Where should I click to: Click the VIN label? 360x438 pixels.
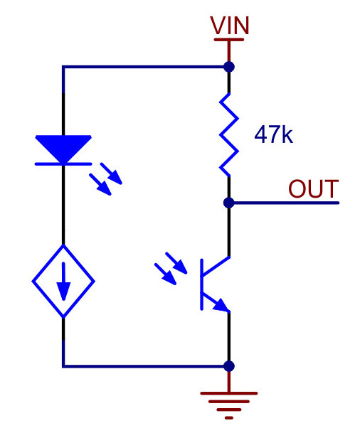coord(230,26)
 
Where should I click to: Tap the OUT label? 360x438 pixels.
coord(314,189)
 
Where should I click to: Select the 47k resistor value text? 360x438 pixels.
coord(274,134)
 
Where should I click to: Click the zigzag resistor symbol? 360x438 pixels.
coord(229,134)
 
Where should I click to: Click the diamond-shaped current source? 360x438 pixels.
coord(63,281)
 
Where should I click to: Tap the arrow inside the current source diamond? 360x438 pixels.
coord(63,281)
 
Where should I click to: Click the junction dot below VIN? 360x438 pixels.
coord(229,67)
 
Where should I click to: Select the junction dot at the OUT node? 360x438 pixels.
coord(229,203)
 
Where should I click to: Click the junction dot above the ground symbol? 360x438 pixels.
coord(229,366)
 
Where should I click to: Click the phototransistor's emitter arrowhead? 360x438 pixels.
coord(222,305)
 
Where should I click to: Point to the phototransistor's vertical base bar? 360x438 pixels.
coord(201,284)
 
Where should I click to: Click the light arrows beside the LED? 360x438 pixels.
coord(105,178)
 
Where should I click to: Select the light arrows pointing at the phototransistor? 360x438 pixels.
coord(171,269)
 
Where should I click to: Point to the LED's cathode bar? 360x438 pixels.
coord(63,164)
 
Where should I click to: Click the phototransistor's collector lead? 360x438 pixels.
coord(216,265)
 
